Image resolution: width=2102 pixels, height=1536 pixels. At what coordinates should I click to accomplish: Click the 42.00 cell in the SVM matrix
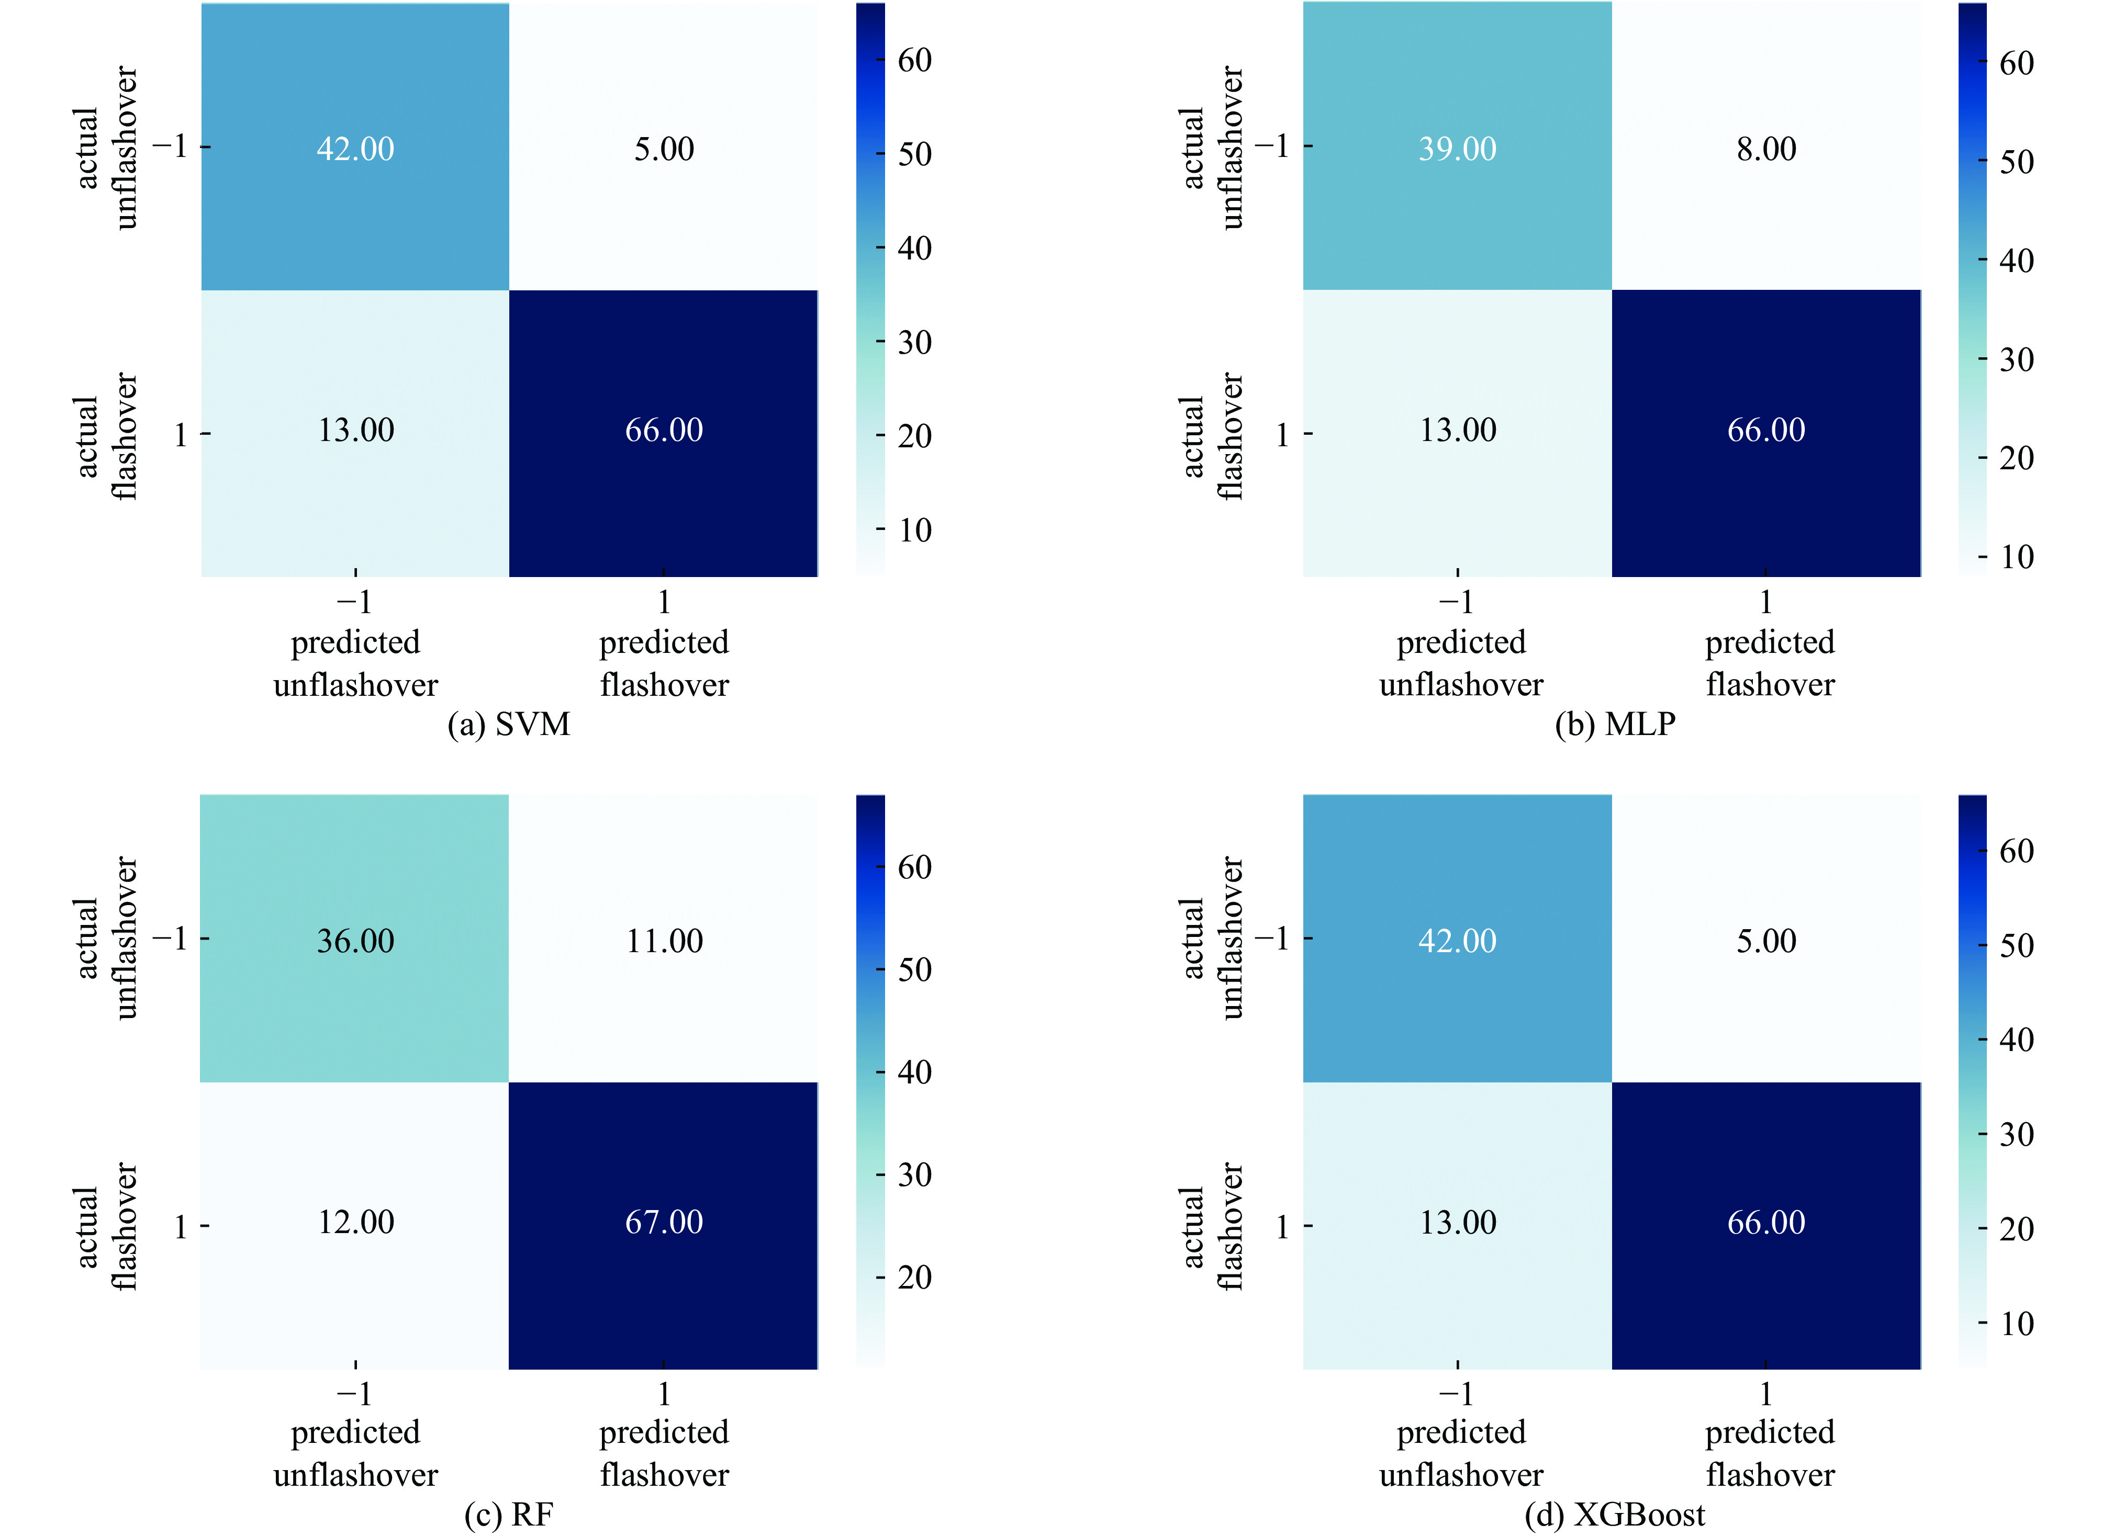[x=355, y=149]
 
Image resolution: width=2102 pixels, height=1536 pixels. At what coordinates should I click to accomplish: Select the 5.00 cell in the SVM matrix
[x=664, y=149]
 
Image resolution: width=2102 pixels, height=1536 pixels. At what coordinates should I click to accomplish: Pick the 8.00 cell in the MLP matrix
[x=1766, y=149]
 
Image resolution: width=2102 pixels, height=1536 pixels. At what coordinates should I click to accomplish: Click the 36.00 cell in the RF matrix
[x=355, y=941]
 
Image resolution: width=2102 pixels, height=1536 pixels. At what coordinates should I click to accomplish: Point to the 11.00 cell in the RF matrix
[x=664, y=941]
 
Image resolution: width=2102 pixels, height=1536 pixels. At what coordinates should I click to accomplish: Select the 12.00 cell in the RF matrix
[x=355, y=1222]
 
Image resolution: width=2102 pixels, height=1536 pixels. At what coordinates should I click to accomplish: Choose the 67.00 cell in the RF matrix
[x=664, y=1222]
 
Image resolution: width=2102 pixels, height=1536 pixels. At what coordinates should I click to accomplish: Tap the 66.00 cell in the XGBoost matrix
[x=1766, y=1222]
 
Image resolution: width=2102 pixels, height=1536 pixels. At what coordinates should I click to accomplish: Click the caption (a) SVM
[x=509, y=724]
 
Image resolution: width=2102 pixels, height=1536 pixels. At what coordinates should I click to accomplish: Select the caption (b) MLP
[x=1615, y=724]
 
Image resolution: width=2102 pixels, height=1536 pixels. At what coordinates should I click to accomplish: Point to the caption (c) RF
[x=509, y=1516]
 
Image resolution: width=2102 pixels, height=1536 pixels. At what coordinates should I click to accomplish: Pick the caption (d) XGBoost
[x=1615, y=1516]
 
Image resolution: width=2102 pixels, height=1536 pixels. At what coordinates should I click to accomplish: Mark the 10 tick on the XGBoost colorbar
[x=2016, y=1323]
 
